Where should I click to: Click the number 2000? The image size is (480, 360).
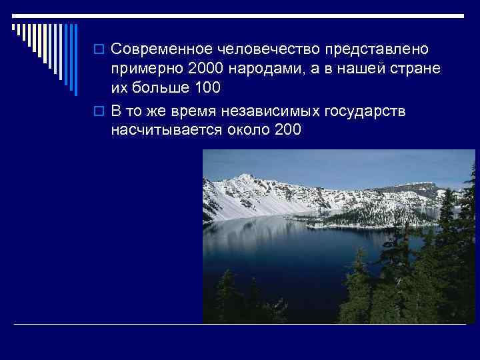click(206, 70)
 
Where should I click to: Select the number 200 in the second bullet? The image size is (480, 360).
click(287, 130)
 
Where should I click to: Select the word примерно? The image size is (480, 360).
click(148, 70)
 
